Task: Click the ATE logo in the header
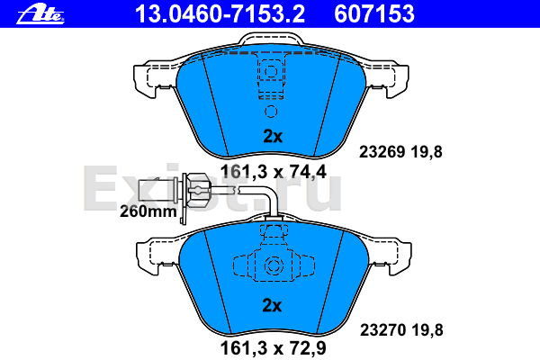(40, 14)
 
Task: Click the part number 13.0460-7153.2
(220, 13)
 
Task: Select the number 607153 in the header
(374, 13)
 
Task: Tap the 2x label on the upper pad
(273, 136)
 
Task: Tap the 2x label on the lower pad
(272, 305)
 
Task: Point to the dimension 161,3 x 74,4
(273, 172)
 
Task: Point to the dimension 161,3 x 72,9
(273, 348)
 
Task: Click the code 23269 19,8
(400, 152)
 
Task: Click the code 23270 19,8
(401, 330)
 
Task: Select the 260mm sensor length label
(148, 211)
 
